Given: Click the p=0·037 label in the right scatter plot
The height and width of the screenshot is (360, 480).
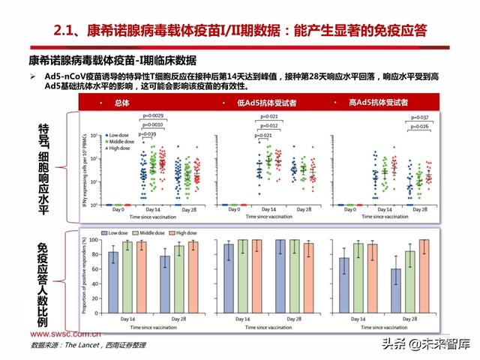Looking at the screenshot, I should (x=419, y=118).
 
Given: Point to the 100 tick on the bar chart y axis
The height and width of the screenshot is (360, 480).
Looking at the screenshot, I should (x=95, y=240).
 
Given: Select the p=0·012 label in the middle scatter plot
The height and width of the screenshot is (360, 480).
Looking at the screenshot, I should (x=268, y=126).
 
